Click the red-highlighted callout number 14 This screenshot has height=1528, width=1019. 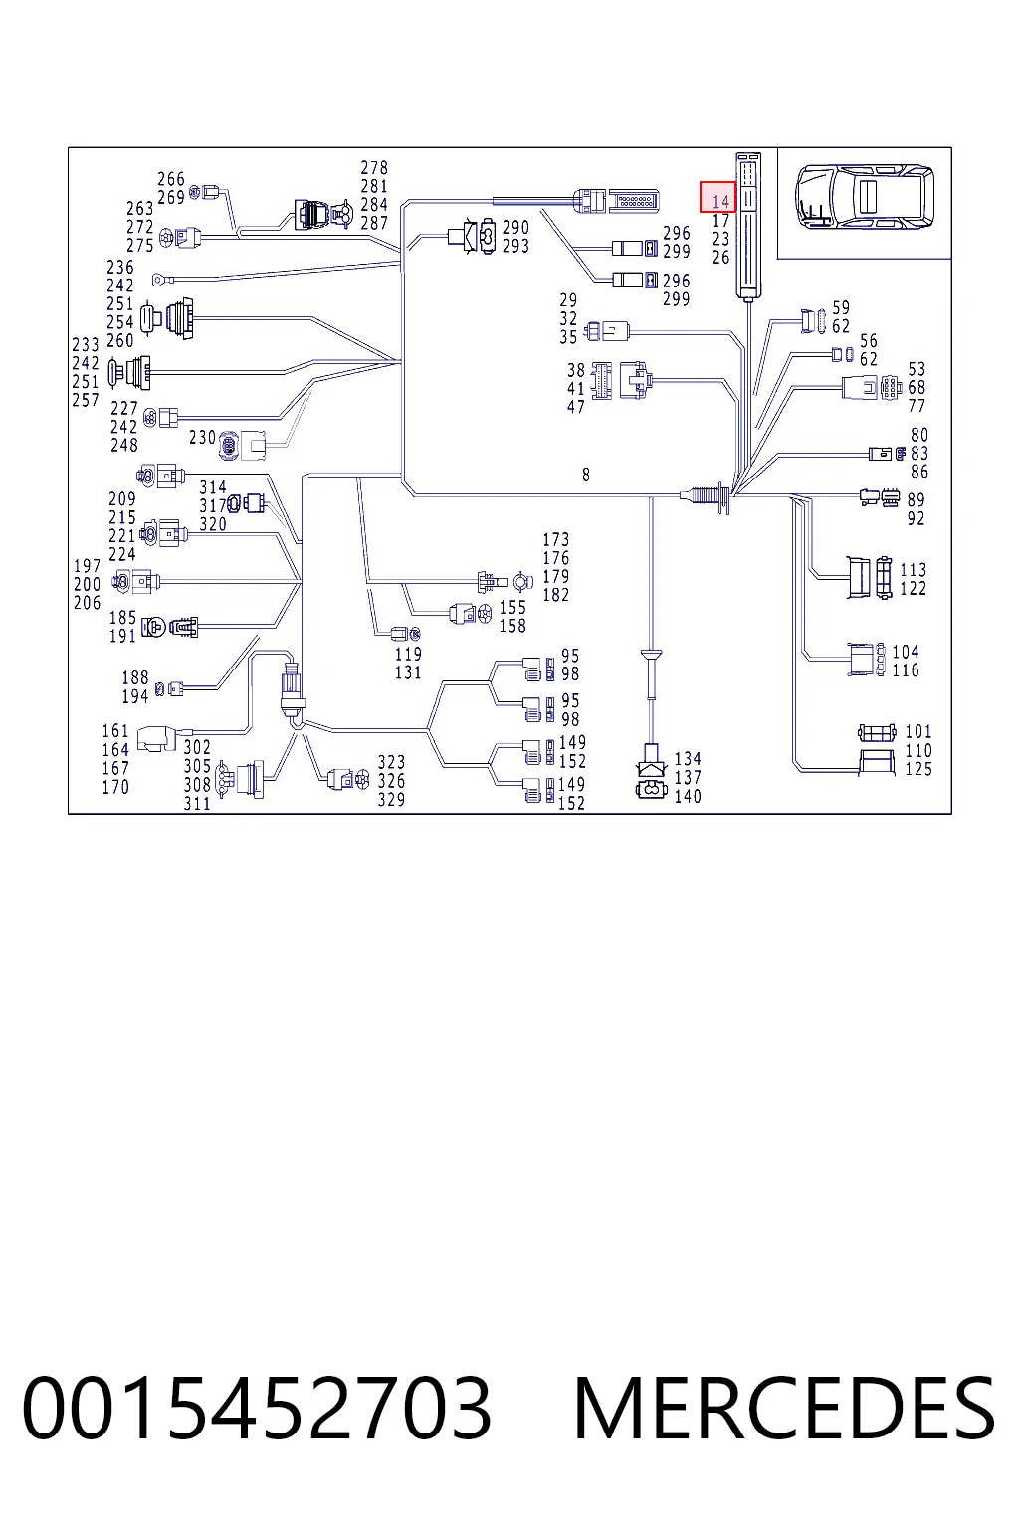[x=720, y=202]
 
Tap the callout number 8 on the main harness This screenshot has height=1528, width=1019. [x=585, y=475]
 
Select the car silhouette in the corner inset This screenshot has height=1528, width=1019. [x=864, y=196]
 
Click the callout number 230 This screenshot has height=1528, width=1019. [x=202, y=438]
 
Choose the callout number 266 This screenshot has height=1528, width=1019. [x=171, y=179]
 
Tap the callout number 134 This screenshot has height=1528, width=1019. [x=688, y=759]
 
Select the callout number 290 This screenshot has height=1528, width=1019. [x=516, y=227]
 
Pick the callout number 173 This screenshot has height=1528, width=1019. [x=556, y=539]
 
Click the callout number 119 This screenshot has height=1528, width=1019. [x=408, y=654]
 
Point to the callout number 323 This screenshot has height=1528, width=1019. [x=391, y=762]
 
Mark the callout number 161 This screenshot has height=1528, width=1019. [x=115, y=731]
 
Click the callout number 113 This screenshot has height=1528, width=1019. [x=914, y=570]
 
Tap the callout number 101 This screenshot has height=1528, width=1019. [x=918, y=731]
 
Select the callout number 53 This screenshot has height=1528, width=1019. [x=917, y=369]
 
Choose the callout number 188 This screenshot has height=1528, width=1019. [x=135, y=678]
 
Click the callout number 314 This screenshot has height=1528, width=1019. [x=213, y=487]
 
